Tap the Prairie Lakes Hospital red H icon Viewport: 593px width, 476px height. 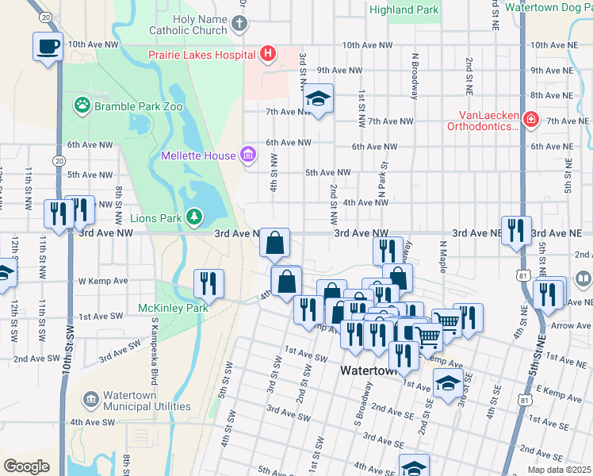point(268,55)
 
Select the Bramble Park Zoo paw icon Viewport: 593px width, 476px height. point(82,105)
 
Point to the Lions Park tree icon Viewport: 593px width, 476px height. point(193,217)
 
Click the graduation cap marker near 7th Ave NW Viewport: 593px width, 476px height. point(318,98)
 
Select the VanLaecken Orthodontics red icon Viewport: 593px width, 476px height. point(530,120)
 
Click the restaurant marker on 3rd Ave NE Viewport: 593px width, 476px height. point(516,230)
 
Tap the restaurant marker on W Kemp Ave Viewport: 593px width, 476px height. point(209,282)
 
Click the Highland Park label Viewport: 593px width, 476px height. point(404,10)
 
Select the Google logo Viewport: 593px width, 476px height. point(26,466)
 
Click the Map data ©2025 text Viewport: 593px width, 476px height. point(559,470)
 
